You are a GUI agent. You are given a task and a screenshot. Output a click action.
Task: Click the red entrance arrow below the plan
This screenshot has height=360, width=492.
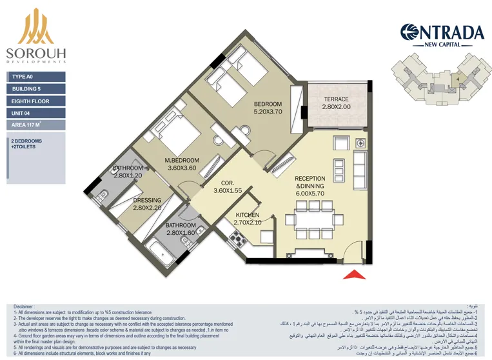(353, 274)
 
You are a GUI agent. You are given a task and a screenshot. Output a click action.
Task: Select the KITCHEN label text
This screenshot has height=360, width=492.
(247, 215)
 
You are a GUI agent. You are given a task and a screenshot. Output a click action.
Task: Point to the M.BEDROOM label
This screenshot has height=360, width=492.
(182, 160)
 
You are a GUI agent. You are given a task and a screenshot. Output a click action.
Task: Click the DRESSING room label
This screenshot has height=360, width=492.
(147, 200)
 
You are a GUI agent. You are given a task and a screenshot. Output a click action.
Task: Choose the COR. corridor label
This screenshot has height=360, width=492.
(227, 183)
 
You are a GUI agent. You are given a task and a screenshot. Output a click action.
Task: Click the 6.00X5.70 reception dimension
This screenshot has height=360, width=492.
(310, 193)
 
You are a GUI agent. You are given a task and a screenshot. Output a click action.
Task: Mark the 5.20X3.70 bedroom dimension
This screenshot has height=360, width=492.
(268, 112)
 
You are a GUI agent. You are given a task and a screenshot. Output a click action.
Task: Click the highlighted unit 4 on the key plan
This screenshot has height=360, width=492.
(457, 80)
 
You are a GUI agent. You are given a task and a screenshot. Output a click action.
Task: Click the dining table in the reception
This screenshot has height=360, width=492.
(310, 219)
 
